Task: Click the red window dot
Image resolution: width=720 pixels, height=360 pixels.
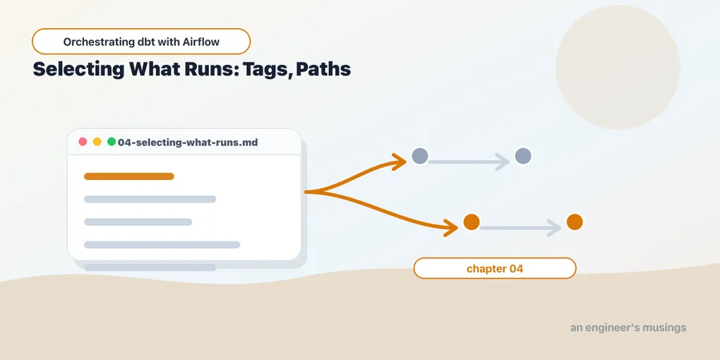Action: coord(83,141)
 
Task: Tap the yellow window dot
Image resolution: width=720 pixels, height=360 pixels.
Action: coord(97,141)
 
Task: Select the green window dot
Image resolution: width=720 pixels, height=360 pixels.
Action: coord(111,141)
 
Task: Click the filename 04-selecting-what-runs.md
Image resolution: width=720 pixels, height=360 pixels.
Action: coord(188,143)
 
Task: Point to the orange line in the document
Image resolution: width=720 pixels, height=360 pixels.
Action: coord(129,176)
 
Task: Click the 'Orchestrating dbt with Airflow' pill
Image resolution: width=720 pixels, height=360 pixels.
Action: coord(141,42)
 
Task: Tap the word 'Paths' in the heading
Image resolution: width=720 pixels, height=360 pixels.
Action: coord(323,69)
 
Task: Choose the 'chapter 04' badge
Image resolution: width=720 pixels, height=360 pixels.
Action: coord(495,269)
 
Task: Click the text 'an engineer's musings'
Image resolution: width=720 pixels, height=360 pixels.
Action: coord(628,328)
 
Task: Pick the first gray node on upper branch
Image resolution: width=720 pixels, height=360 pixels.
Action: coord(420,156)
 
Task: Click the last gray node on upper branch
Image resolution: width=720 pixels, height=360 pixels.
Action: coord(523,156)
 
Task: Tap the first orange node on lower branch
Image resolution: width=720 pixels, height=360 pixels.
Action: coord(472,222)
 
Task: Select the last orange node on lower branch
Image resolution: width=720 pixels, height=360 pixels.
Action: coord(575,222)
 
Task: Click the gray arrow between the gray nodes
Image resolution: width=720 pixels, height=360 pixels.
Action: coord(469,162)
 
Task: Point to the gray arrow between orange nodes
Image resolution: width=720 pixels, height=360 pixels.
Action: coord(521,228)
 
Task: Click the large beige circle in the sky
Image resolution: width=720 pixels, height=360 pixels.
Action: coord(618,67)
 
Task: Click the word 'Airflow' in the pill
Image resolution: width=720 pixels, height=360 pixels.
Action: coord(202,42)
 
